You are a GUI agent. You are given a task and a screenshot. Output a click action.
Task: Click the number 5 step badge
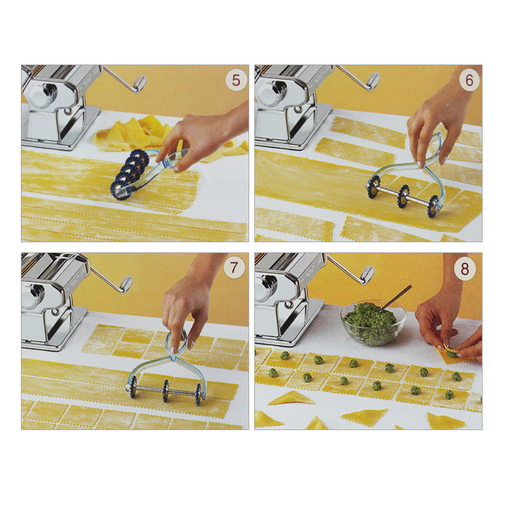pos(236,80)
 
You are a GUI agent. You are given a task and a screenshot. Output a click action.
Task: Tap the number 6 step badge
pos(469,80)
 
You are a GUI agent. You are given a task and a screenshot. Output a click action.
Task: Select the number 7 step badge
pos(233,268)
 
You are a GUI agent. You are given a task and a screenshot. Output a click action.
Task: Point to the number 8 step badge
pos(465,268)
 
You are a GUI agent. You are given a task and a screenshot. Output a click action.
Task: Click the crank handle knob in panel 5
pos(140,83)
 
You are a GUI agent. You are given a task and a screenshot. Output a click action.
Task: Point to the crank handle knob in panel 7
pos(126,284)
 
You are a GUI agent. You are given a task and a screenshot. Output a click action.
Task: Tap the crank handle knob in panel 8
pos(367,275)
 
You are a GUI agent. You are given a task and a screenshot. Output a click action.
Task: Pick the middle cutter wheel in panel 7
pos(166,390)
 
